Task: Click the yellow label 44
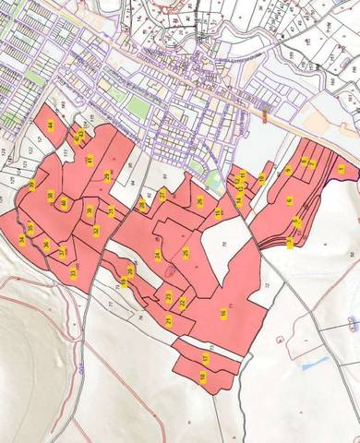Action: [50, 125]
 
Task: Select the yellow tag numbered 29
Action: [107, 175]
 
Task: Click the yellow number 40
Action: [64, 203]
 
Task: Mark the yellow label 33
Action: [73, 272]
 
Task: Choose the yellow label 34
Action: [21, 240]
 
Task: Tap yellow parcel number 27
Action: [162, 195]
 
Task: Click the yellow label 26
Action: [199, 202]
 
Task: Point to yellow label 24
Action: [157, 256]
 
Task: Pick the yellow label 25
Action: [186, 252]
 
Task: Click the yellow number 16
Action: [223, 314]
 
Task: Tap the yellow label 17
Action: [205, 357]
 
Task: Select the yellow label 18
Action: [202, 377]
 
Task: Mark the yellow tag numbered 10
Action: [261, 178]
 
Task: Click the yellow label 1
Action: [342, 170]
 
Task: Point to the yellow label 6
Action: [289, 201]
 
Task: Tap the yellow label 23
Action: [169, 319]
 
